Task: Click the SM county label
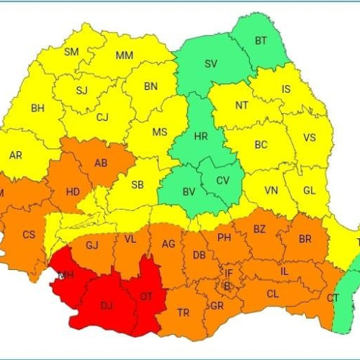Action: click(x=72, y=52)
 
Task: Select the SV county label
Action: click(x=211, y=64)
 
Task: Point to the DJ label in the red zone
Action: click(x=107, y=306)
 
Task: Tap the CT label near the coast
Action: click(x=333, y=298)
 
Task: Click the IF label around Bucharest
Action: click(x=229, y=273)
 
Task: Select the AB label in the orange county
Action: click(x=102, y=163)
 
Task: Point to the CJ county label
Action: click(x=103, y=117)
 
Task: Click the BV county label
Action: click(x=189, y=192)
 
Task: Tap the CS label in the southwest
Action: click(x=29, y=235)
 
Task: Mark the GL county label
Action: click(x=310, y=191)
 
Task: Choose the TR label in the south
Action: click(x=184, y=313)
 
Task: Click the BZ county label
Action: click(x=259, y=229)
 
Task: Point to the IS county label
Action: click(x=287, y=90)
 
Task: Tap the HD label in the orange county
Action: click(x=73, y=192)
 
